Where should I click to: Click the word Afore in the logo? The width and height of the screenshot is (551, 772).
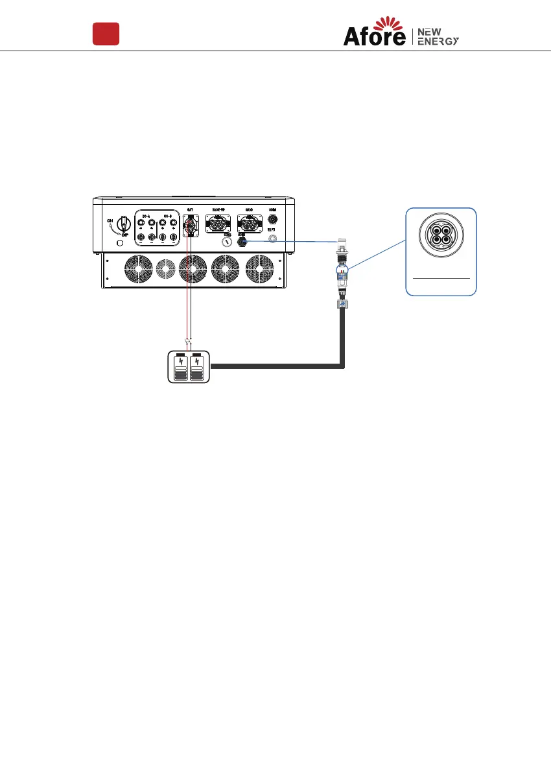pyautogui.click(x=374, y=38)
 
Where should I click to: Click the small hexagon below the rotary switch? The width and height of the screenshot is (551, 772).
pyautogui.click(x=118, y=244)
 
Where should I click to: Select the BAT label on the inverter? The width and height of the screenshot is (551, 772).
pyautogui.click(x=190, y=210)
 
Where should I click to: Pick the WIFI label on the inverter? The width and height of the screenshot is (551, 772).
pyautogui.click(x=273, y=230)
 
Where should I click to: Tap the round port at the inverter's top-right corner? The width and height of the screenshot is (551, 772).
pyautogui.click(x=273, y=220)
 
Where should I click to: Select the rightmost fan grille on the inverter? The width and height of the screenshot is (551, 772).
pyautogui.click(x=260, y=270)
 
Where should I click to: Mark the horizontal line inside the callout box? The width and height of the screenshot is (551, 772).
pyautogui.click(x=441, y=277)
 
